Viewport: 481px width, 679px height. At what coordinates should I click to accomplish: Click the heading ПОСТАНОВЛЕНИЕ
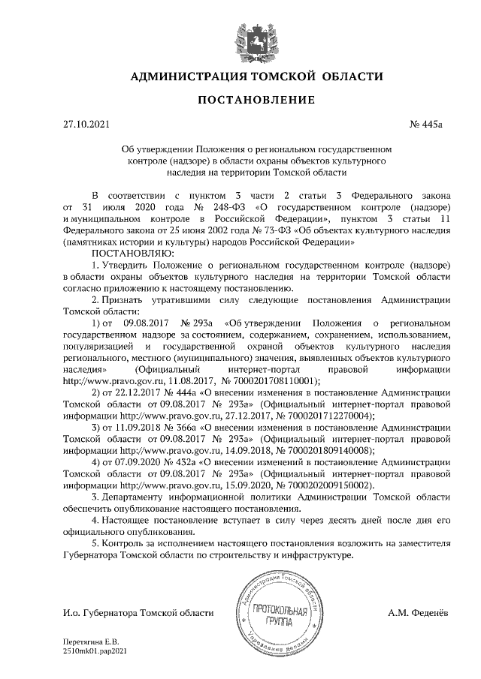[x=246, y=100]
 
